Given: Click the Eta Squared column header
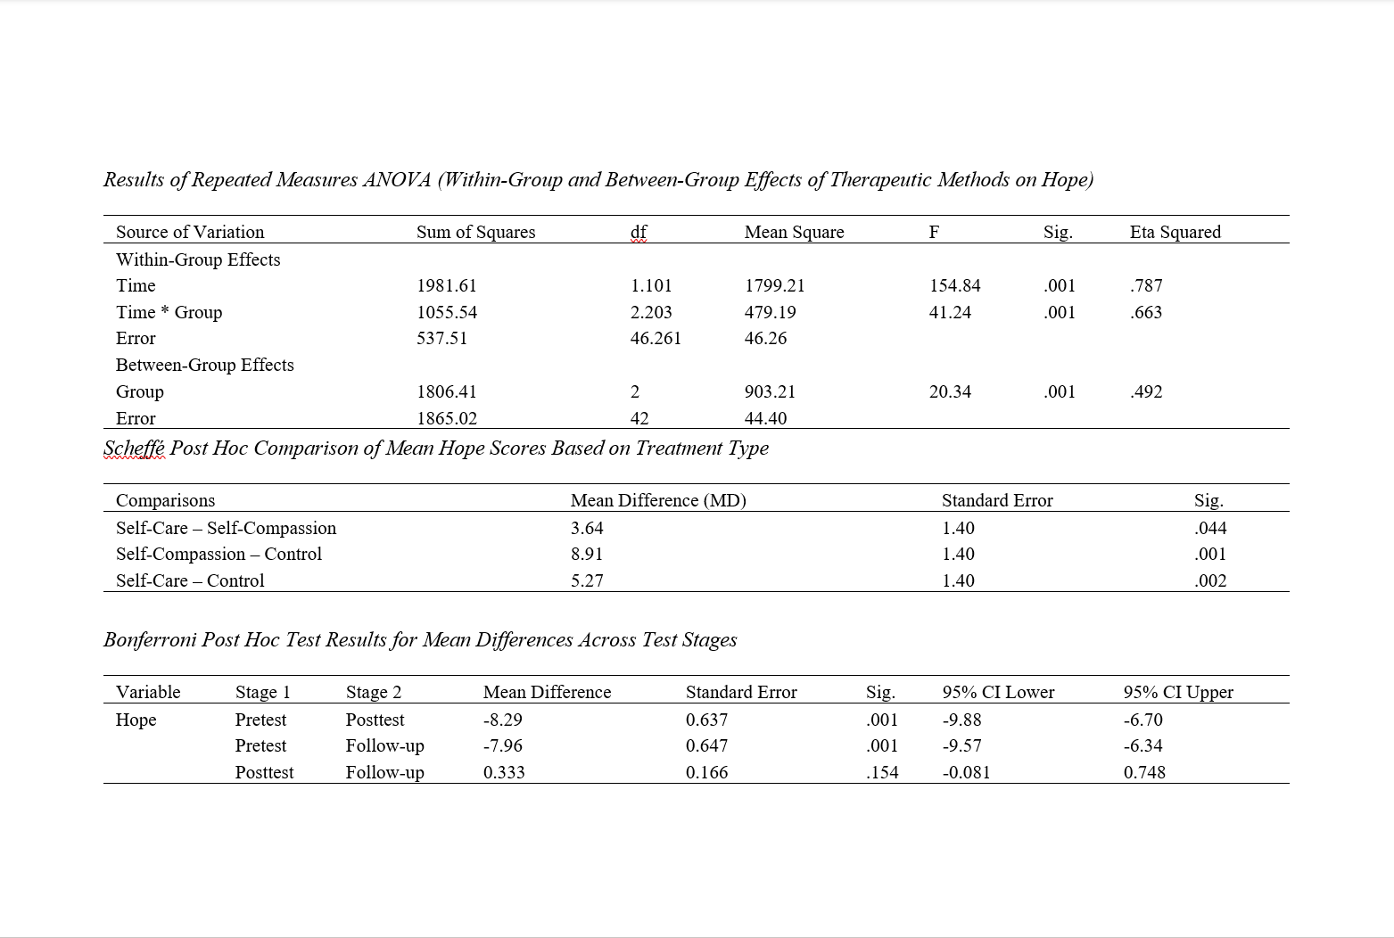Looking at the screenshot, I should point(1175,232).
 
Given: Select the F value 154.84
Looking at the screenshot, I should point(954,285).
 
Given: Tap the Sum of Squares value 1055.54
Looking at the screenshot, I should point(447,312).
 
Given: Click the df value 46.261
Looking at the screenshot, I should point(656,338).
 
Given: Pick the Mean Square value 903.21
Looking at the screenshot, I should point(770,391).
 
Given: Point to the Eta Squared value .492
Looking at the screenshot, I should point(1146,391).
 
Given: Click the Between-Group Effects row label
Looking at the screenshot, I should point(204,365).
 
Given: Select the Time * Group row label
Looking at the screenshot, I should point(169,312).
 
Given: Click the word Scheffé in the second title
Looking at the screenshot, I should point(135,448).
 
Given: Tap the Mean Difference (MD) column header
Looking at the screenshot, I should point(658,500).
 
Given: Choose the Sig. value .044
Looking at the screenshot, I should point(1210,528).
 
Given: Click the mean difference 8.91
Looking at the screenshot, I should point(587,554).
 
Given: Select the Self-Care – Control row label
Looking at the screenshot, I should point(190,580).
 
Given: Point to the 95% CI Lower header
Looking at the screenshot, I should point(998,692).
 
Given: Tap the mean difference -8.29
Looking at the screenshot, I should point(503,720).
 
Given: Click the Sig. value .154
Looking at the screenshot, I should point(882,772).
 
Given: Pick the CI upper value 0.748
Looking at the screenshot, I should point(1144,772).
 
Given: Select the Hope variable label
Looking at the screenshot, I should point(136,720).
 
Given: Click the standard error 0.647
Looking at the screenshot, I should point(706,745).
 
